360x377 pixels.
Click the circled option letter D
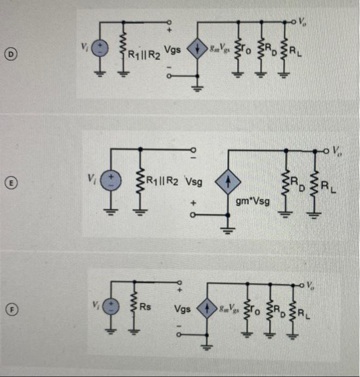point(9,53)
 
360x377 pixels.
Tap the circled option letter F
point(9,309)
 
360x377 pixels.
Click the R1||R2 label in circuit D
point(142,54)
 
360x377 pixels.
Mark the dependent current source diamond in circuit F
point(206,309)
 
